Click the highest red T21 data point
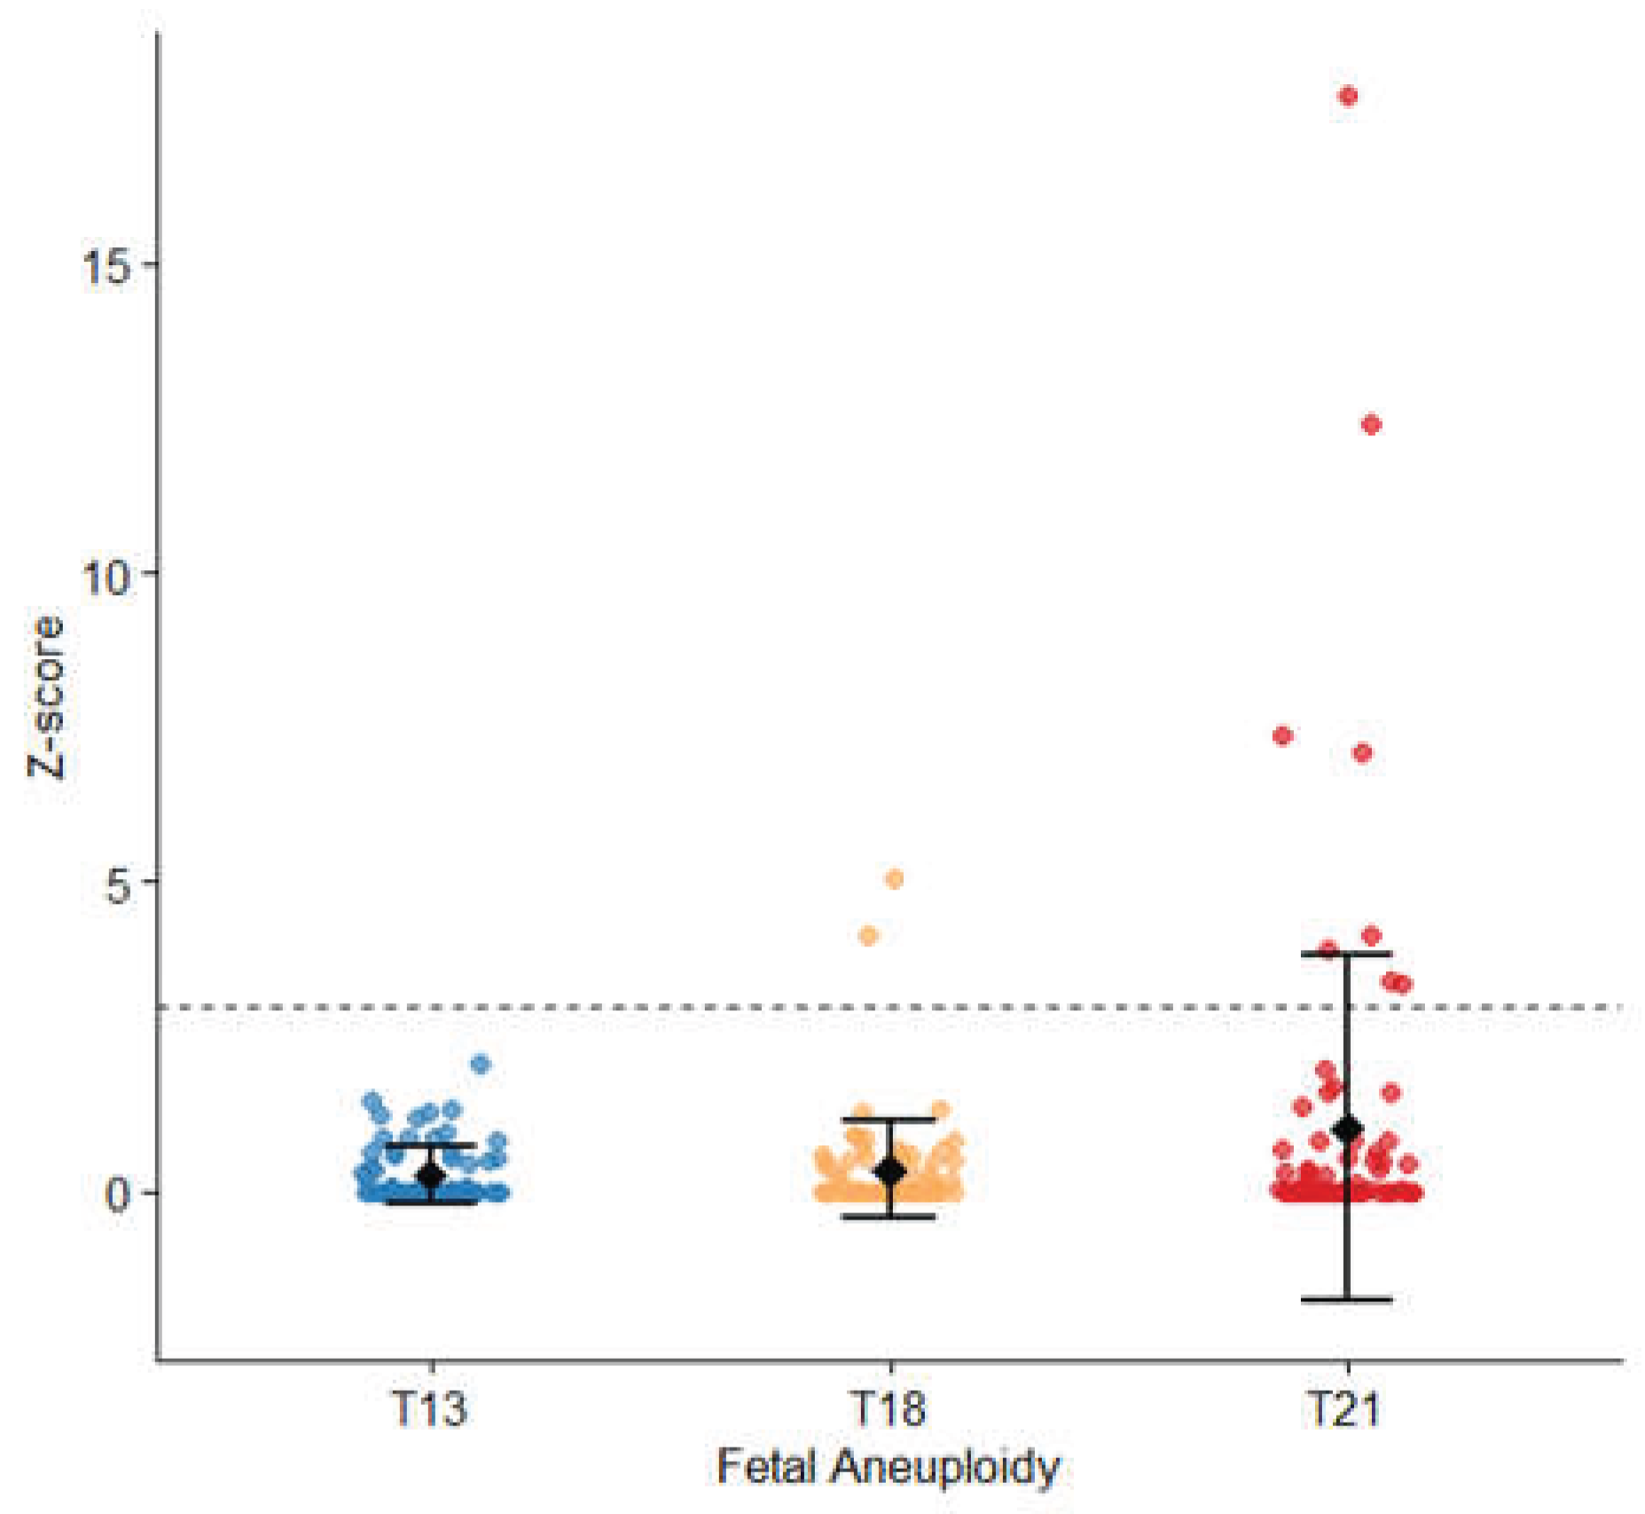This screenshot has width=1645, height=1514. point(1348,97)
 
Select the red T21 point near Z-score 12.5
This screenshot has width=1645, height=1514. point(1371,425)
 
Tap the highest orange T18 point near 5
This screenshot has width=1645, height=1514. point(894,879)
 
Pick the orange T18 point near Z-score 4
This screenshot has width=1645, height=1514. point(868,936)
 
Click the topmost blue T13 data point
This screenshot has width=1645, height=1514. point(481,1064)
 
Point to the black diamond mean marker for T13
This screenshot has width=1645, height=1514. point(431,1177)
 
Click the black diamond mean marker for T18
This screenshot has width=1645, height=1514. point(889,1173)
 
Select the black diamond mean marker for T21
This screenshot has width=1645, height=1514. point(1348,1129)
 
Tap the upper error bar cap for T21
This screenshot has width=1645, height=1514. point(1347,953)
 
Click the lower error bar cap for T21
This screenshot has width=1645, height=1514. point(1347,1299)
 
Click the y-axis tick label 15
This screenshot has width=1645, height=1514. point(106,265)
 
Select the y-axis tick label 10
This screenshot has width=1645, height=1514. point(106,574)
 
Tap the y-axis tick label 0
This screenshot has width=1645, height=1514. point(119,1194)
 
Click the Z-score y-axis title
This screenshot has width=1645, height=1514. point(45,697)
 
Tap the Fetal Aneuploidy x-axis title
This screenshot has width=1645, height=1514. point(889,1467)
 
